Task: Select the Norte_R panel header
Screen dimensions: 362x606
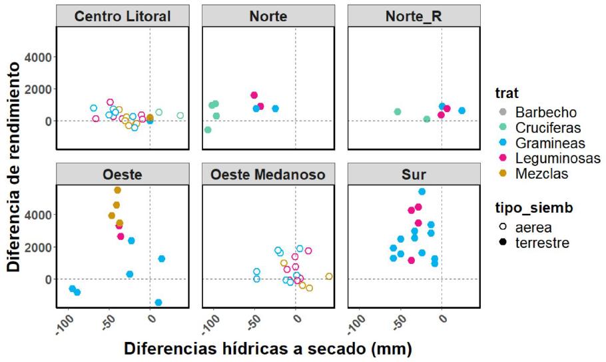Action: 413,16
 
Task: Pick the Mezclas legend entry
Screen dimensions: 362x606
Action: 534,173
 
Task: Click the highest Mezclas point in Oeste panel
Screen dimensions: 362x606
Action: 117,190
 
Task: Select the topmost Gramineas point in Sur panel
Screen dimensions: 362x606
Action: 422,192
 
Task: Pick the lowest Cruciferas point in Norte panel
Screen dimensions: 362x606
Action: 208,130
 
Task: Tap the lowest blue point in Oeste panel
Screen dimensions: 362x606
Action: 158,303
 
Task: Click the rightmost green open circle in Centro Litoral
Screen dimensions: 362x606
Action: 180,115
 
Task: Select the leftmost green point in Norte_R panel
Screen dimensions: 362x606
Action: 398,111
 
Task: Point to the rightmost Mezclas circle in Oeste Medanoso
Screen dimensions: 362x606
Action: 329,276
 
